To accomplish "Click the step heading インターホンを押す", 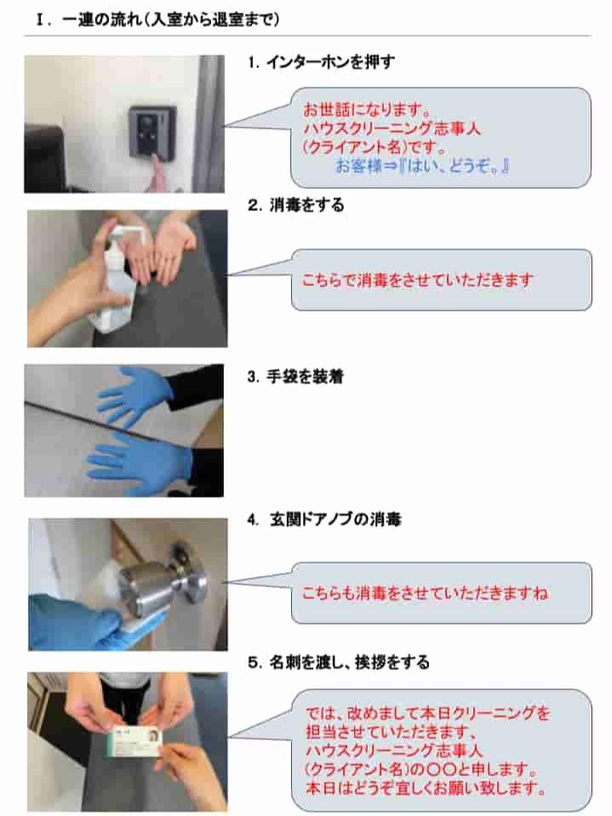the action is pos(330,62).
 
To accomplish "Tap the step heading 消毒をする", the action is pos(306,205).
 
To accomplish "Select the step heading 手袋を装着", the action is pos(305,376).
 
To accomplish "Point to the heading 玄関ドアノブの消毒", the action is pos(335,519).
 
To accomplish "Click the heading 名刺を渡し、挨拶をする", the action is pos(349,663).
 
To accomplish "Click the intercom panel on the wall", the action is pos(152,133).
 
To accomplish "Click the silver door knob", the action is pos(156,578).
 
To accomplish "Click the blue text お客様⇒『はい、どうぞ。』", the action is pos(421,167).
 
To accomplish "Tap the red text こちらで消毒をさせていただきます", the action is pos(418,280).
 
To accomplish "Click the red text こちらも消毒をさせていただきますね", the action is pos(425,593).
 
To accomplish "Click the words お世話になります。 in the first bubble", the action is pos(367,110).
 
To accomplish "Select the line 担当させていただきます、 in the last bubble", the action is pos(391,732).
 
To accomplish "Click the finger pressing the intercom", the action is pos(157,174).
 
